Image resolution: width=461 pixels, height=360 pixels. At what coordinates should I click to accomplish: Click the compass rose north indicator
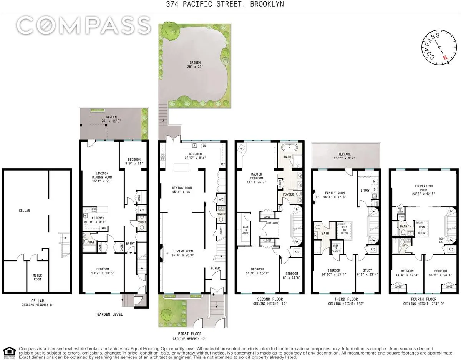click(445, 57)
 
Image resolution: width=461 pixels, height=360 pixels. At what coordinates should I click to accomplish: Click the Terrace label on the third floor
click(345, 154)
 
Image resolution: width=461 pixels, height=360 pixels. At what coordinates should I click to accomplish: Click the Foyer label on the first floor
click(215, 268)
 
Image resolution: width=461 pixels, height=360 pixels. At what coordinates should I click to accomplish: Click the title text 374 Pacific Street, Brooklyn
click(230, 5)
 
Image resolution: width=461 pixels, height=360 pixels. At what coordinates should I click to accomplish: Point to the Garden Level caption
click(110, 314)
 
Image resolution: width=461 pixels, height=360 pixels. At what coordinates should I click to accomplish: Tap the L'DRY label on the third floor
click(364, 191)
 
